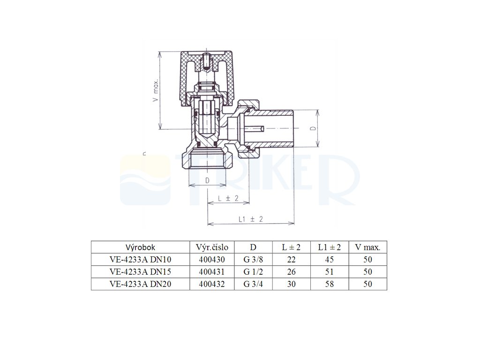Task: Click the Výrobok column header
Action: (140, 247)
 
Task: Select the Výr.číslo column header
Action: (211, 247)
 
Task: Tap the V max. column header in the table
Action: (367, 247)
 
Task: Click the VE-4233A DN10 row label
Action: (140, 259)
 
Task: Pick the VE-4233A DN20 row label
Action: (140, 284)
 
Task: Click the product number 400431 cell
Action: (211, 271)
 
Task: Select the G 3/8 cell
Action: (253, 259)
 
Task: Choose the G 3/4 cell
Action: (253, 284)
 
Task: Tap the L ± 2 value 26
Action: (291, 271)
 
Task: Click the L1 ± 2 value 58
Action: (329, 284)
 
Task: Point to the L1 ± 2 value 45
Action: (329, 259)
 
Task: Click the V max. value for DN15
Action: (367, 271)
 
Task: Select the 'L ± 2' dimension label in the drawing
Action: (228, 199)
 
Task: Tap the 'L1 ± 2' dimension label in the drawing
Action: (250, 219)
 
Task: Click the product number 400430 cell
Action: (211, 259)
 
